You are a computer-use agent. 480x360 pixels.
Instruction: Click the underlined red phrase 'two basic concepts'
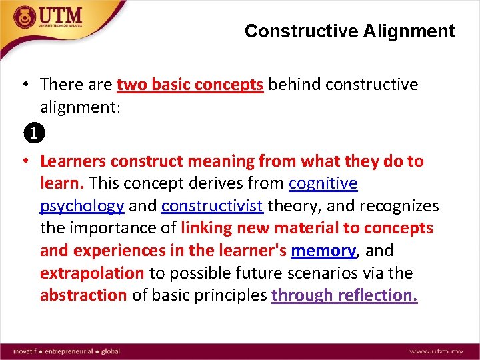190,85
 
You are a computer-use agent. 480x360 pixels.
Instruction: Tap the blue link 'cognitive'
323,183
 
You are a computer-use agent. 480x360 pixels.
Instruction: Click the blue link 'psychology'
82,206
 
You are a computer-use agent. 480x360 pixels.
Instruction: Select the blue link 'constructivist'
212,206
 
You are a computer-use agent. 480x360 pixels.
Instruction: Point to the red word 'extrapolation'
92,273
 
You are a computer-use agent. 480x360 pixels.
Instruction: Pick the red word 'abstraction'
83,296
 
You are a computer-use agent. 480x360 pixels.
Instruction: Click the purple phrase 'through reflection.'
345,296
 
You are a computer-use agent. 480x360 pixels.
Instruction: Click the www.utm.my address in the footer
437,350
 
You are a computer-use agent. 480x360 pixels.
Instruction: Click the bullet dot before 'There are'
23,85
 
